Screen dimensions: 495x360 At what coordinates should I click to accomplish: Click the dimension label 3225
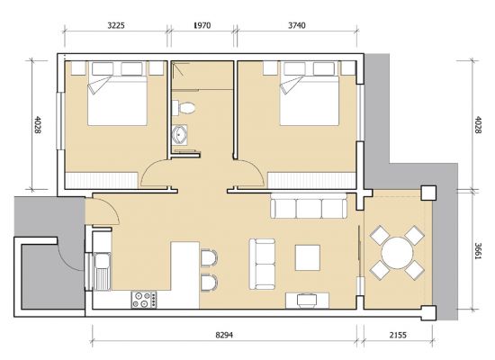(x=116, y=25)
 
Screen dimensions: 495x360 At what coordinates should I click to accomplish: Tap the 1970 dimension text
(x=202, y=25)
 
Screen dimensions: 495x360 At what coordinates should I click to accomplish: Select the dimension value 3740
(x=297, y=25)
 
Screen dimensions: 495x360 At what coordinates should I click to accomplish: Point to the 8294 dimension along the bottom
(x=224, y=335)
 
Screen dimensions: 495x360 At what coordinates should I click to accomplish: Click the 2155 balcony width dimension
(x=398, y=335)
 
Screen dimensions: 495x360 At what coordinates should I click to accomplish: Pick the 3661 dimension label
(x=478, y=251)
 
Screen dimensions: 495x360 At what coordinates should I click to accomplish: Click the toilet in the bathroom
(x=184, y=108)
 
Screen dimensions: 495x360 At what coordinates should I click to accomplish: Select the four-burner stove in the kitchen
(x=144, y=300)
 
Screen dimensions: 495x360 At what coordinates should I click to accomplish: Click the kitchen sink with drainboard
(x=102, y=271)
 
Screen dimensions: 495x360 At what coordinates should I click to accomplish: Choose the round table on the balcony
(x=397, y=253)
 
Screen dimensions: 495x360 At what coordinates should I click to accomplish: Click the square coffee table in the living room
(x=308, y=257)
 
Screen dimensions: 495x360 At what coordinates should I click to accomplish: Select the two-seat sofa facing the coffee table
(x=262, y=264)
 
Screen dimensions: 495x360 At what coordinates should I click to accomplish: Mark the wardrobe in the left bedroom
(x=101, y=181)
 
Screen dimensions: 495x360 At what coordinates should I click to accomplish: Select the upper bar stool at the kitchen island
(x=209, y=257)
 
